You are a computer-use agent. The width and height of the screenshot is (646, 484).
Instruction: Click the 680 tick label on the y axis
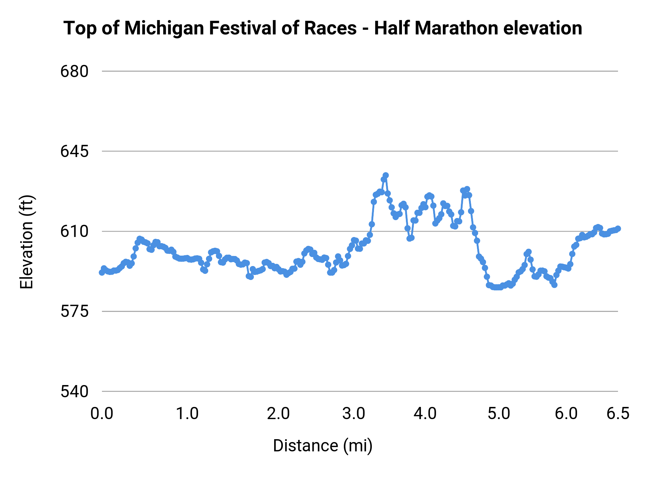(x=74, y=72)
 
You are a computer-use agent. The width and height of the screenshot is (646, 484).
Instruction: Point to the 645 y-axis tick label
(x=74, y=152)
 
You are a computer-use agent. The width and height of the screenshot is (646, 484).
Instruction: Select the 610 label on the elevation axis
(x=74, y=232)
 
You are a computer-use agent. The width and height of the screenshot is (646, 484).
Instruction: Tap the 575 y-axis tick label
(x=74, y=312)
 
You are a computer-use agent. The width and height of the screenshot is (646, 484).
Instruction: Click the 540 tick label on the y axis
(x=74, y=392)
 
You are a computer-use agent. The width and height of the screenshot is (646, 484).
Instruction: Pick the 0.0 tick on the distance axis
(x=102, y=414)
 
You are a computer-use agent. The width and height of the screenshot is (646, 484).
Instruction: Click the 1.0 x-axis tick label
(x=187, y=414)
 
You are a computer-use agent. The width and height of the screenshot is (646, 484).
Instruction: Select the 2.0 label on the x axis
(x=278, y=414)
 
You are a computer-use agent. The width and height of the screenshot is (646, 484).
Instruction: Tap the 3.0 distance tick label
(x=354, y=414)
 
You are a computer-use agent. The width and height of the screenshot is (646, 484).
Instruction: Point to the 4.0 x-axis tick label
(x=425, y=414)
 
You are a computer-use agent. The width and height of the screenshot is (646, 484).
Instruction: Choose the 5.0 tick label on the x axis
(x=499, y=414)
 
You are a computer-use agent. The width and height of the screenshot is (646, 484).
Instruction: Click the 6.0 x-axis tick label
(x=566, y=414)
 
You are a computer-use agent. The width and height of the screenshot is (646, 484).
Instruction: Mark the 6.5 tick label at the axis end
(x=618, y=414)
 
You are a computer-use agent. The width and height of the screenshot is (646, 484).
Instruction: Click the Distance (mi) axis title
(x=323, y=446)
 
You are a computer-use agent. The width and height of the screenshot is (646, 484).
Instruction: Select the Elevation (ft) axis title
(x=27, y=242)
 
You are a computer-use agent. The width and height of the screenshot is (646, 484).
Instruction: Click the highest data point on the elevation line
(x=386, y=175)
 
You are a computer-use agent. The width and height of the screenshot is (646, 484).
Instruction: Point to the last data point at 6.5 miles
(x=618, y=229)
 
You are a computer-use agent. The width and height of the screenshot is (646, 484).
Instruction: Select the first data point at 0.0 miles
(x=102, y=272)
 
